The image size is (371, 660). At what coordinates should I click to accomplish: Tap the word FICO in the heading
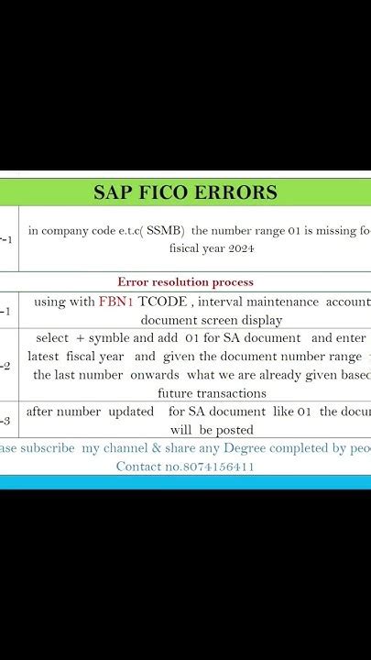pos(171,192)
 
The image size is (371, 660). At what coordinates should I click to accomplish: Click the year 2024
pos(236,247)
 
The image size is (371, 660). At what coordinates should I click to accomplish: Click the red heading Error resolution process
pos(185,281)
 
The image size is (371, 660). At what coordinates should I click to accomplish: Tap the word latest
pos(49,357)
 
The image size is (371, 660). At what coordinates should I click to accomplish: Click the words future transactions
pos(212,393)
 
